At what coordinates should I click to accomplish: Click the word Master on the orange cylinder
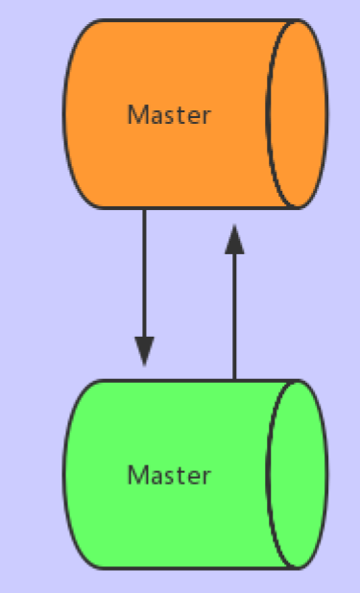pos(169,115)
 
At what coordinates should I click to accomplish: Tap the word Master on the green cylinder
pos(169,475)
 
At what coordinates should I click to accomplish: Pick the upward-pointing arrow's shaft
pos(234,317)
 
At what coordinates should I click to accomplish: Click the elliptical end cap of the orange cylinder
pos(296,114)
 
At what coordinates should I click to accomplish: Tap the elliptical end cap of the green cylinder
pos(296,474)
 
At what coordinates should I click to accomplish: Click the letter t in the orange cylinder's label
pos(179,116)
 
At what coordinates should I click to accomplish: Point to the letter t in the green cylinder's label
pos(179,476)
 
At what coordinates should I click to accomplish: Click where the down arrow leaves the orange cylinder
pos(144,210)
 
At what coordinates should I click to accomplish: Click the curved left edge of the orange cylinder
pos(65,114)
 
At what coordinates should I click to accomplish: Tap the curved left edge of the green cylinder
pos(65,474)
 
